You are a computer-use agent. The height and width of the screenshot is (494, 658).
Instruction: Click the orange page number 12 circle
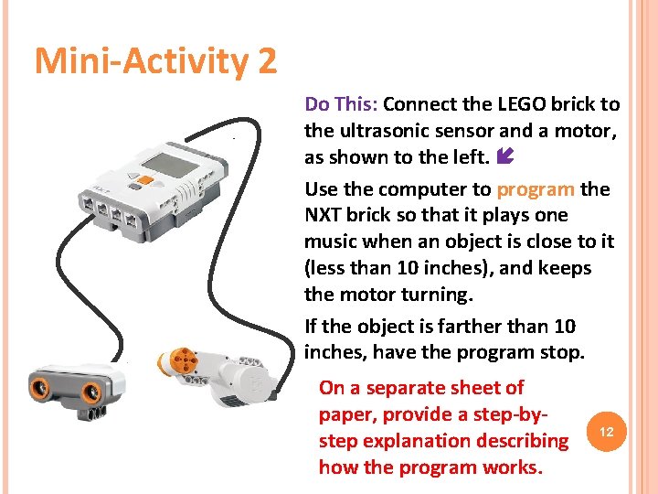click(x=607, y=432)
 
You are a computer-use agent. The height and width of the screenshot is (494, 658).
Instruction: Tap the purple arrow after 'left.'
click(x=505, y=156)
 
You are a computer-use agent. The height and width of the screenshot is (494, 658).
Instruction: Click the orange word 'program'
click(x=536, y=190)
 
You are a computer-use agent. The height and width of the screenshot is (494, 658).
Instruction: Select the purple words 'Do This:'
click(x=341, y=104)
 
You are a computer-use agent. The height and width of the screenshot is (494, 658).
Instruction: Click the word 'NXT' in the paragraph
click(x=323, y=215)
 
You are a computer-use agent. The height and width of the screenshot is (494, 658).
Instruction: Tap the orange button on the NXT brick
click(x=144, y=180)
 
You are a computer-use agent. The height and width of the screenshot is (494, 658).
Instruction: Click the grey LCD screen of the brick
click(x=170, y=164)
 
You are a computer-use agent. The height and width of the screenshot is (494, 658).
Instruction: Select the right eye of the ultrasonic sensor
click(x=91, y=393)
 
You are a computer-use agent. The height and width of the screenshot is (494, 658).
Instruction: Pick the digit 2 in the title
click(x=266, y=61)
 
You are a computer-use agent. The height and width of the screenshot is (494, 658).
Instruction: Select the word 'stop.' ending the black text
click(x=562, y=353)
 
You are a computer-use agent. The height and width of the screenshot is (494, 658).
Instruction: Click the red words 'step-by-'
click(x=511, y=415)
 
